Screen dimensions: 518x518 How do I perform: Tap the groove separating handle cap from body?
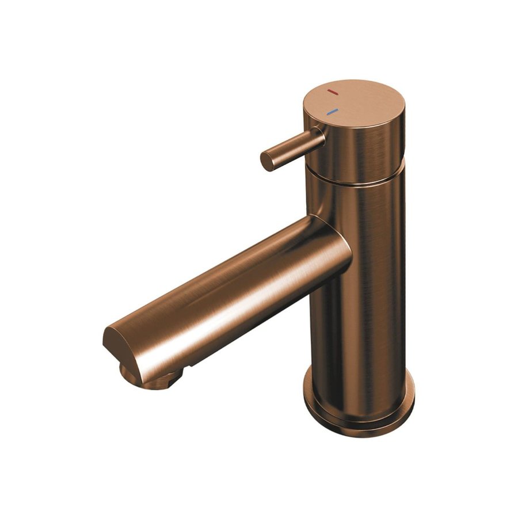pyautogui.click(x=357, y=180)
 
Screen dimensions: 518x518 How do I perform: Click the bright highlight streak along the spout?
pyautogui.click(x=230, y=276)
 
